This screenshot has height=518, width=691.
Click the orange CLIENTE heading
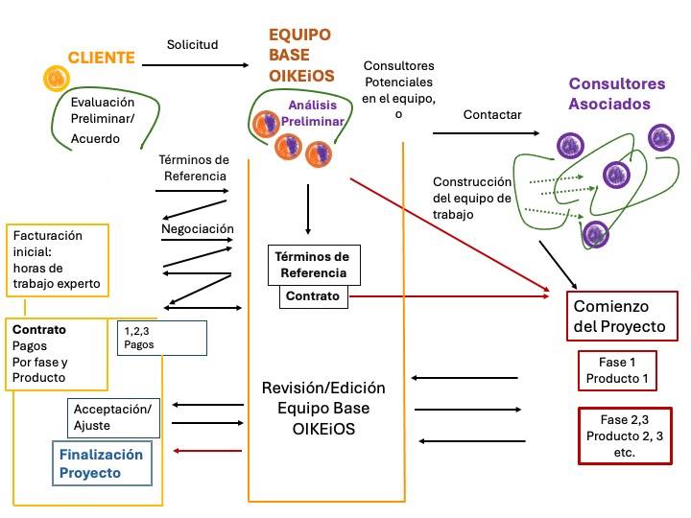tap(101, 58)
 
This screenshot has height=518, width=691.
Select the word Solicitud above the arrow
tap(193, 44)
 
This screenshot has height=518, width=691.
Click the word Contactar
tap(492, 114)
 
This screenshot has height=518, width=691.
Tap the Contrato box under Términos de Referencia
tap(313, 296)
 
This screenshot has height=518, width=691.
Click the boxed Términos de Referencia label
tap(313, 265)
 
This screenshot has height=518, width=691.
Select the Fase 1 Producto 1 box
tap(617, 370)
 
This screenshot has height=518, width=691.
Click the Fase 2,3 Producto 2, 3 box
tap(624, 436)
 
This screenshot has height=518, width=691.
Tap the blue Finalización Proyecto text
tap(102, 463)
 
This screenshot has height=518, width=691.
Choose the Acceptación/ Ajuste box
tap(112, 416)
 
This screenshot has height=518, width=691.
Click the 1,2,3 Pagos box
tap(161, 337)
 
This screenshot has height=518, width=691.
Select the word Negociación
tap(198, 229)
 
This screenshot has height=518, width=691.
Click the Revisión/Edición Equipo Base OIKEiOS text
tap(323, 409)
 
